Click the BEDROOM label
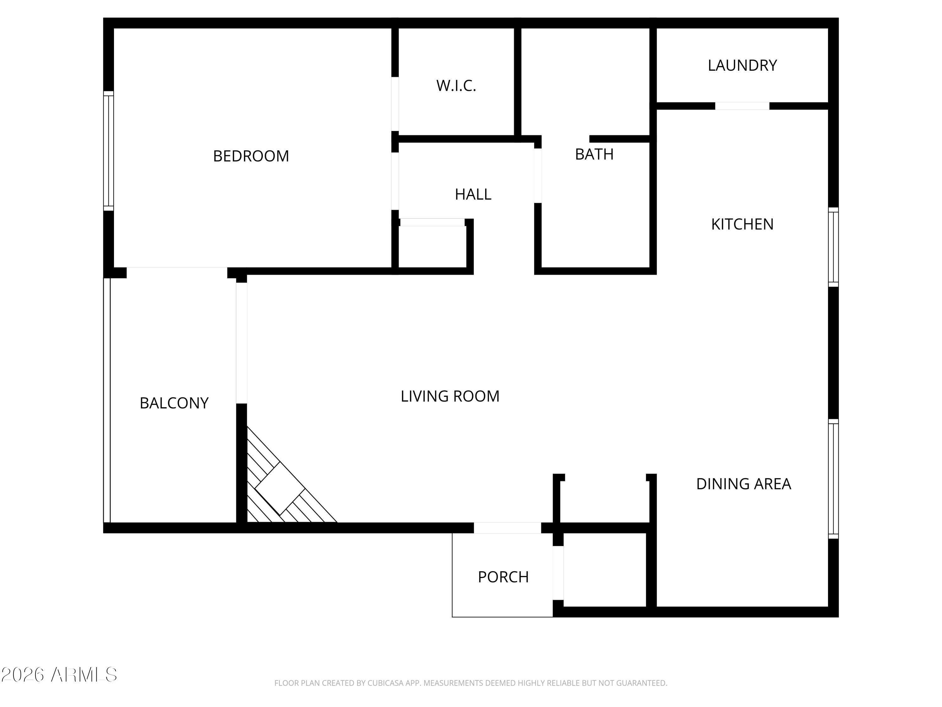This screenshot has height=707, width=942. [251, 156]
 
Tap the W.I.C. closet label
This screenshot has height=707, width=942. [456, 86]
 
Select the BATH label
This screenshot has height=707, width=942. [594, 154]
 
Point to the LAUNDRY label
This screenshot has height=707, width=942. [742, 65]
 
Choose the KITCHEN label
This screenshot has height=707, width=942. [742, 224]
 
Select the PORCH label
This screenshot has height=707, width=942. [503, 577]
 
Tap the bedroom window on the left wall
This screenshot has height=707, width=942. [109, 151]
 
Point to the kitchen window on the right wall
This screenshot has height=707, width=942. [833, 247]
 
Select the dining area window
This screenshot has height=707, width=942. [833, 479]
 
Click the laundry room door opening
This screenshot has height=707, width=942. [742, 106]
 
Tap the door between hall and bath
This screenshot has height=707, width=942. [538, 176]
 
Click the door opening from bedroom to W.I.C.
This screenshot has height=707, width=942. [395, 104]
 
